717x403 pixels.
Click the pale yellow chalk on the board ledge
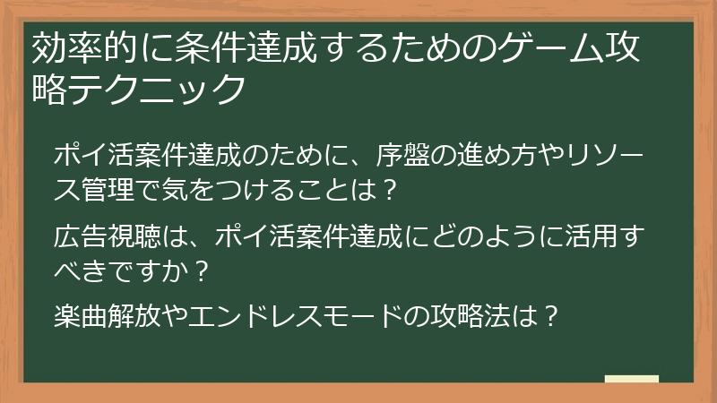631,379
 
